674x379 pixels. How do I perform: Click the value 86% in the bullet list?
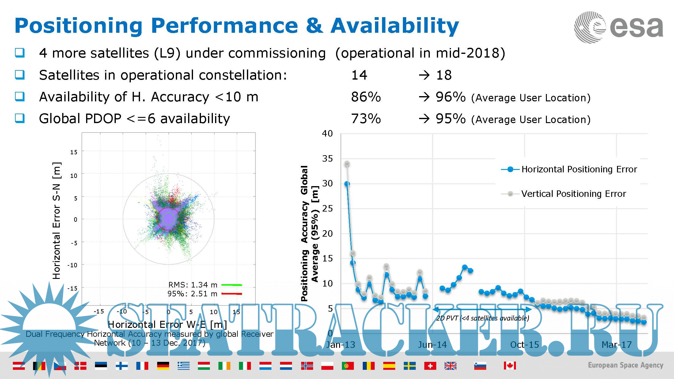(x=366, y=97)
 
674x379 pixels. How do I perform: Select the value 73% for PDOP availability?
(x=366, y=119)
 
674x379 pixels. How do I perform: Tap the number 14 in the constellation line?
(x=359, y=75)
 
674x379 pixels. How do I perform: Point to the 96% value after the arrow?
(x=450, y=97)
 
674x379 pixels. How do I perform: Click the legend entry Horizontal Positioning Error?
(x=579, y=169)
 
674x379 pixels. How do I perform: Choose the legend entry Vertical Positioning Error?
(x=574, y=194)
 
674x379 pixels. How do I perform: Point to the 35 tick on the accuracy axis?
(x=327, y=159)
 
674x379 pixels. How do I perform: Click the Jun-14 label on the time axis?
(x=432, y=345)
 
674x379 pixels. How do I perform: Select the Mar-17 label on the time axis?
(x=616, y=345)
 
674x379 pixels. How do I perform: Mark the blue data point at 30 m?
(x=347, y=184)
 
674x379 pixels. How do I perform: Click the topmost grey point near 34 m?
(x=347, y=164)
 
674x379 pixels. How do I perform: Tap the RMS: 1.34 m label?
(x=193, y=285)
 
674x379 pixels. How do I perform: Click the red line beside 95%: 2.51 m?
(x=232, y=294)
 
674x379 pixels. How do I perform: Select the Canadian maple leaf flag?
(x=510, y=366)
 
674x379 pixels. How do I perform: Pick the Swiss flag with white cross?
(x=430, y=366)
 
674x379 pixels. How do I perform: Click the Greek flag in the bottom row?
(x=184, y=366)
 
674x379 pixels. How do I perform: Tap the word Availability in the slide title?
(x=395, y=26)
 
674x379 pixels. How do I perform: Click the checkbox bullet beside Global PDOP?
(x=20, y=118)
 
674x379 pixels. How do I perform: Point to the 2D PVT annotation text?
(x=483, y=318)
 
